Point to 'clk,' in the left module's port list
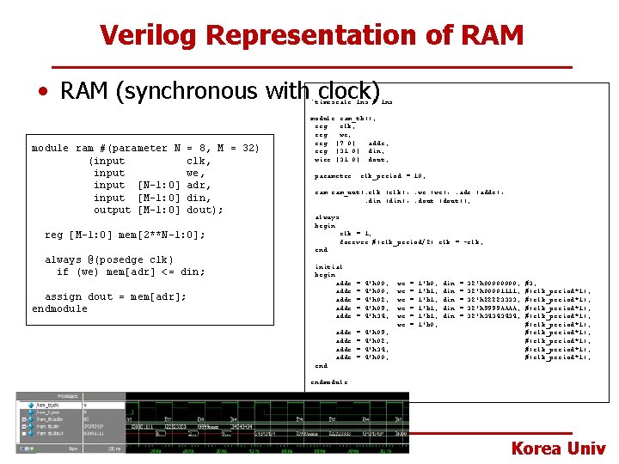point(198,161)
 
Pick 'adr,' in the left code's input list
point(198,185)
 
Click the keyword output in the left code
point(112,210)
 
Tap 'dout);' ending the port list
point(204,210)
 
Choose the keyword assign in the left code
point(63,296)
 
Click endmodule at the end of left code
point(59,308)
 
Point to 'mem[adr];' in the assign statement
point(161,296)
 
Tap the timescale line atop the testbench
point(353,101)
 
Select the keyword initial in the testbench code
point(329,267)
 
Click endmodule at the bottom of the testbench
point(329,381)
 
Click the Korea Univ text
point(558,448)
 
